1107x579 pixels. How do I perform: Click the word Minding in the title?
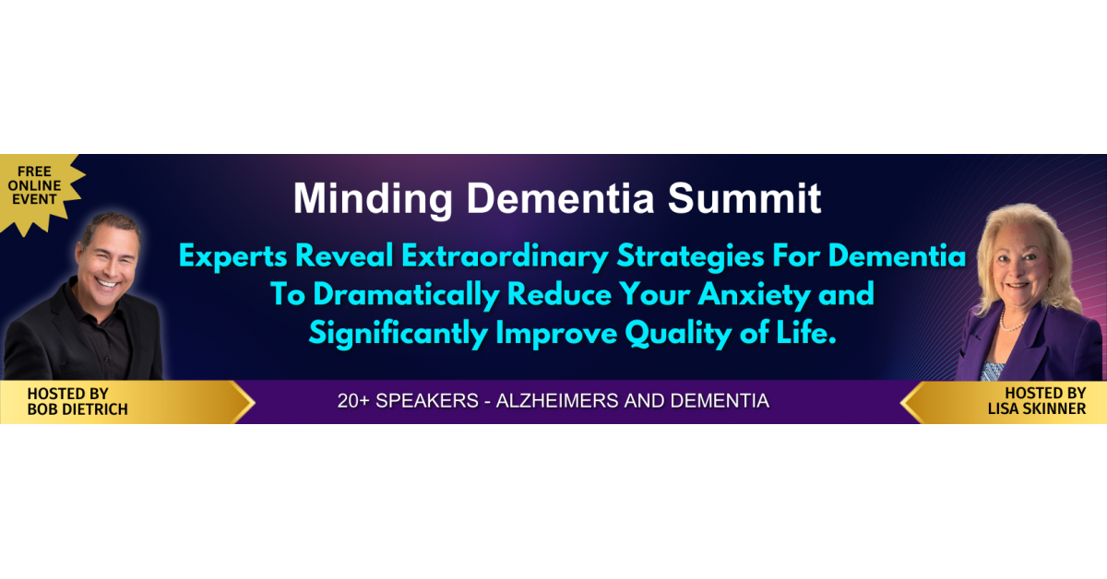point(373,199)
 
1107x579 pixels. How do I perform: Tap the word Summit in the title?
point(744,198)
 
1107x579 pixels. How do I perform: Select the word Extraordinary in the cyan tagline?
point(505,257)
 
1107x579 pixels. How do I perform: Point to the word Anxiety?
point(755,295)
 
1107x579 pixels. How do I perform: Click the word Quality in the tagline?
point(679,334)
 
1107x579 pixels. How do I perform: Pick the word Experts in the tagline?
point(233,257)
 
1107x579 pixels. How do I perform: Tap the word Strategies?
point(690,257)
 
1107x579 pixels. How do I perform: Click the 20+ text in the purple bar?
point(352,401)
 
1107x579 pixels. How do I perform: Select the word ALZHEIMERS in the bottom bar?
point(557,401)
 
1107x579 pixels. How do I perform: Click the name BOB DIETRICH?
point(77,409)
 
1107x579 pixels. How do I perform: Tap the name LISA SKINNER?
point(1037,408)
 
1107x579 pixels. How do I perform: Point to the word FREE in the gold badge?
point(34,171)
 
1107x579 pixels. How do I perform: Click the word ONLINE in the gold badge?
point(34,185)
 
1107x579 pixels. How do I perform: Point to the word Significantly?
point(399,334)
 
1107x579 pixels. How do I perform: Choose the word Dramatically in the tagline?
point(406,295)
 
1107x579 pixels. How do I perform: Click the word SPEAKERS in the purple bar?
point(427,401)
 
